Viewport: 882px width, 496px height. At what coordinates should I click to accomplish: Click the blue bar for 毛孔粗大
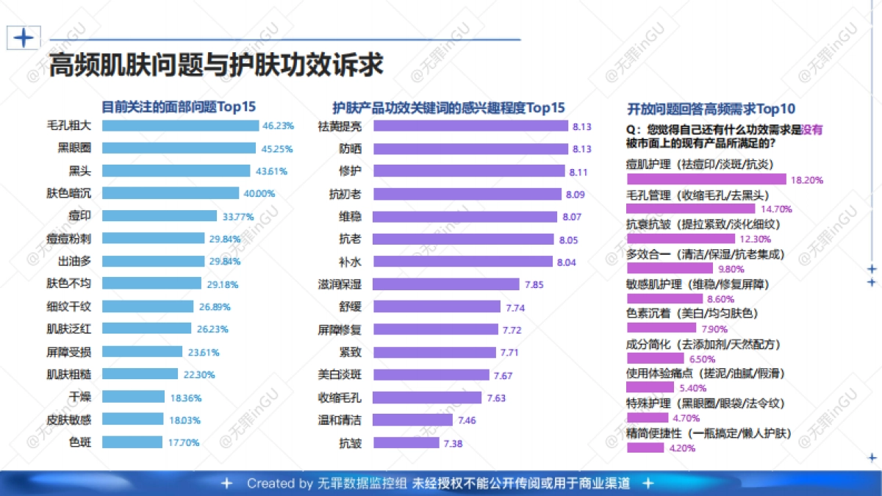(180, 125)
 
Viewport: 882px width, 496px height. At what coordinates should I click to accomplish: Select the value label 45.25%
(277, 148)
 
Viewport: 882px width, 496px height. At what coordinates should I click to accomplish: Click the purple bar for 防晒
(470, 148)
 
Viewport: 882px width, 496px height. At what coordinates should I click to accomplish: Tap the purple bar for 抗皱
(406, 443)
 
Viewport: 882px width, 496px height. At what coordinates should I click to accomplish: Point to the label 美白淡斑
(340, 375)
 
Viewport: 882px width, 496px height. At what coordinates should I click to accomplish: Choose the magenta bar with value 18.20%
(706, 179)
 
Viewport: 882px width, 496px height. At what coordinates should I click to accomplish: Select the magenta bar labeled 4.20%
(645, 448)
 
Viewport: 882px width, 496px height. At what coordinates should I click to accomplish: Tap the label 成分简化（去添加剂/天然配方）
(703, 344)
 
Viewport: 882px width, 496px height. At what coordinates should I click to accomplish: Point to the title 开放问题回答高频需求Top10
(711, 109)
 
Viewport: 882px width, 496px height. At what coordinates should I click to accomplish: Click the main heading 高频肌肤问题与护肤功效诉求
(215, 65)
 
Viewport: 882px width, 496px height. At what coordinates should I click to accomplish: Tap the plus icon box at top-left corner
(24, 37)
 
